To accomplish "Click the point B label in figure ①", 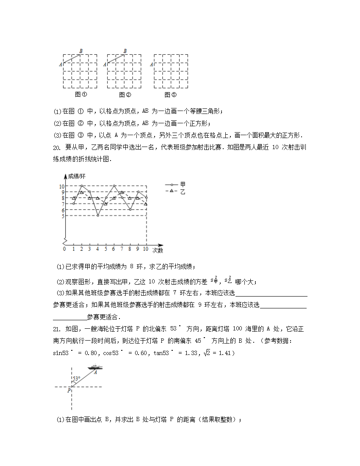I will [81, 51].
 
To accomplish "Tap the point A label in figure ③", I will [151, 64].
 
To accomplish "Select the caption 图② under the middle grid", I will [125, 95].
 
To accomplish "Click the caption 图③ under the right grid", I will [170, 95].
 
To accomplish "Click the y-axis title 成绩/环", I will [77, 176].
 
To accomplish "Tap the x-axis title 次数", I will [158, 250].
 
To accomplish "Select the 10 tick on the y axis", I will [61, 186].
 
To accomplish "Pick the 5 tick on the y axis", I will [63, 216].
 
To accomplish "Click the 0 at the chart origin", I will [64, 249].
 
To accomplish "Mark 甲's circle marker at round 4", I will [98, 216].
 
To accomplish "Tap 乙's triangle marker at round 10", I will [146, 204].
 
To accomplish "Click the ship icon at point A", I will [95, 367].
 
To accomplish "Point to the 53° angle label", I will [76, 378].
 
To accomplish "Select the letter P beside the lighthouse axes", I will [69, 391].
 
